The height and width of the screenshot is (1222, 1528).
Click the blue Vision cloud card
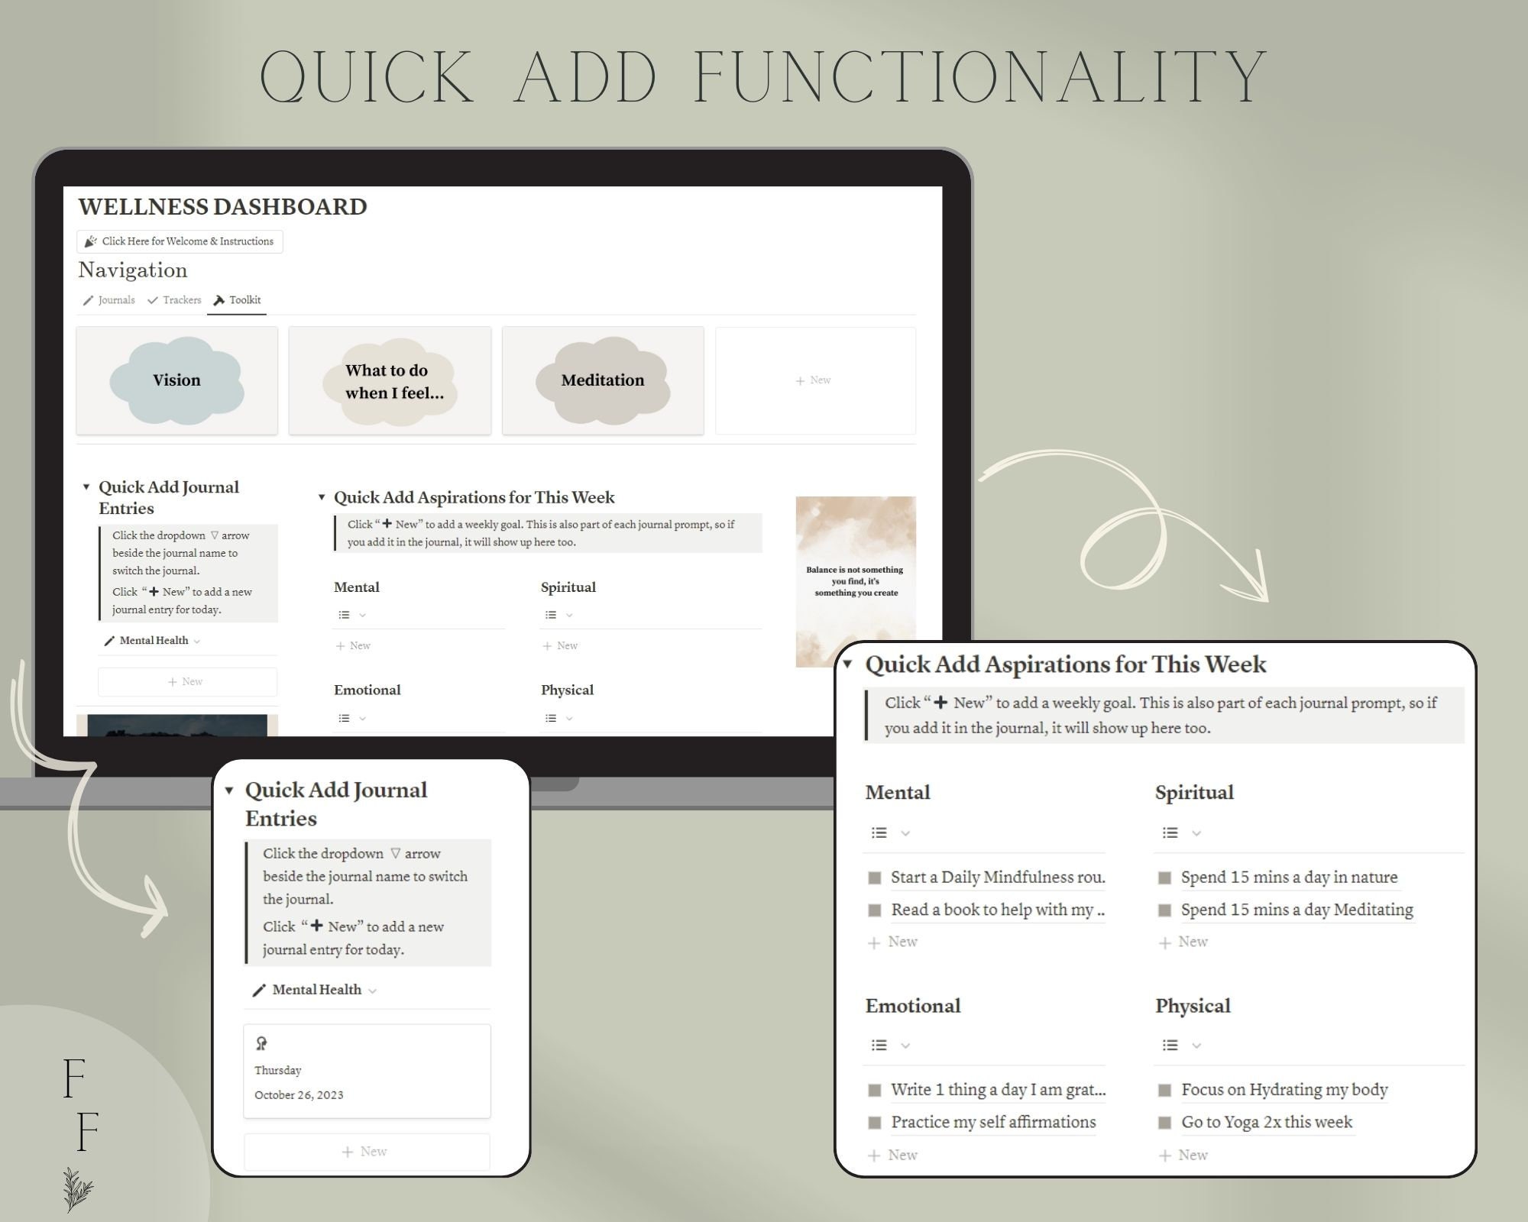(176, 380)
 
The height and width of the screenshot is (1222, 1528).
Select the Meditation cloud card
(603, 380)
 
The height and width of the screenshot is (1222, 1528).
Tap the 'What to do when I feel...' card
(390, 381)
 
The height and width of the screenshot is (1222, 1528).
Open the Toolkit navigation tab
(238, 300)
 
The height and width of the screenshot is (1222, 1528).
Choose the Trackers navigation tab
(175, 300)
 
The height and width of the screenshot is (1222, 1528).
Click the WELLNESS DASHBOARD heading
(222, 207)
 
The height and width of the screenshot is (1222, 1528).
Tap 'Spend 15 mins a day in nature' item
(1288, 878)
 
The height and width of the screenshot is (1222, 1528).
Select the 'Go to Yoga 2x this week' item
(1266, 1122)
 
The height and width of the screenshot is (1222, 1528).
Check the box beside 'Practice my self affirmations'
(875, 1123)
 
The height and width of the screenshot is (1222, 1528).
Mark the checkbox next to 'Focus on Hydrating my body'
(1165, 1090)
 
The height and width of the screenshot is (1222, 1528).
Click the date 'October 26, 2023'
(299, 1095)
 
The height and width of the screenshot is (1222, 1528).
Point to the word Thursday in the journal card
(278, 1071)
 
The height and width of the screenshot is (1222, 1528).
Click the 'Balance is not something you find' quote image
(855, 580)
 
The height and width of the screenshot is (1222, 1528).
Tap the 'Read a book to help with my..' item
(997, 910)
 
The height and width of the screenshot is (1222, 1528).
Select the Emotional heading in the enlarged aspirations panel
(913, 1006)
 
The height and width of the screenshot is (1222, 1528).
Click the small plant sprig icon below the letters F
(78, 1188)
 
